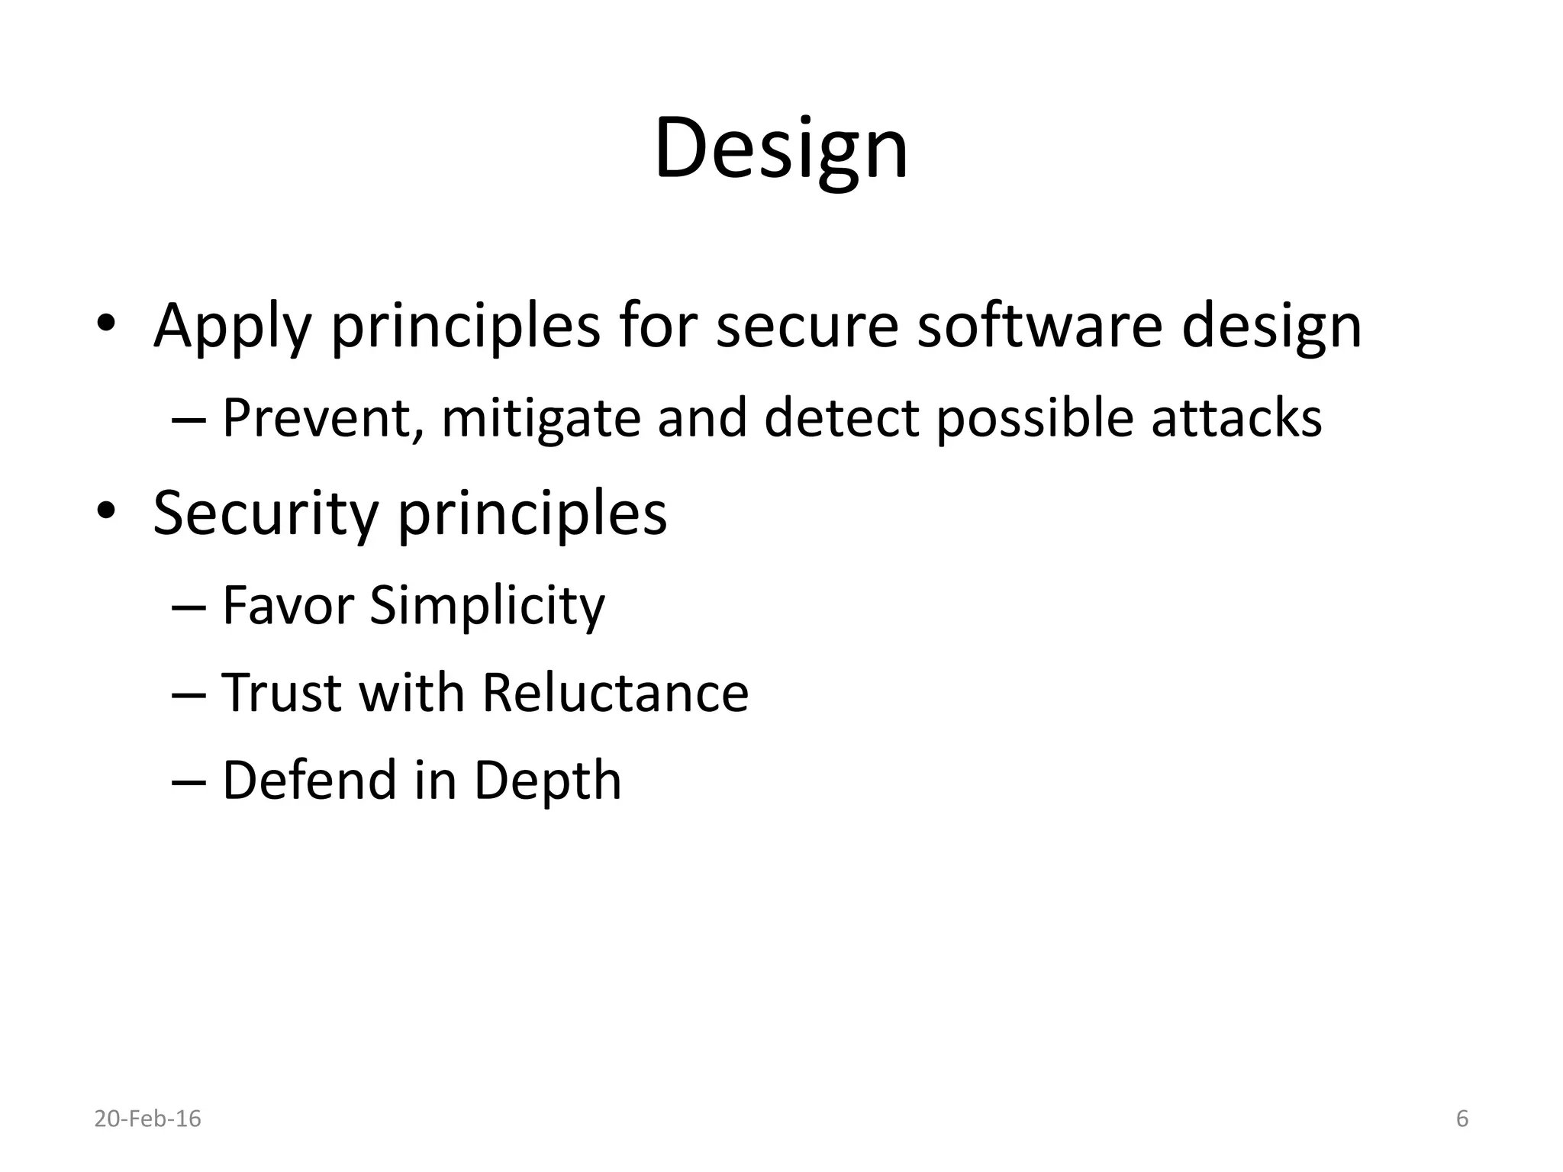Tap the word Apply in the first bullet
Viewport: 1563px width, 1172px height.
232,327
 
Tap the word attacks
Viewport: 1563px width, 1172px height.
1236,418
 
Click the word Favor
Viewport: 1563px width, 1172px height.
288,605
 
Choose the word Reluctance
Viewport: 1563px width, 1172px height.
615,693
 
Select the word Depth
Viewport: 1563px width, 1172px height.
547,781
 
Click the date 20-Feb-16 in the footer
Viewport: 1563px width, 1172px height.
147,1119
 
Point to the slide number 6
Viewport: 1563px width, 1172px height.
1462,1119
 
